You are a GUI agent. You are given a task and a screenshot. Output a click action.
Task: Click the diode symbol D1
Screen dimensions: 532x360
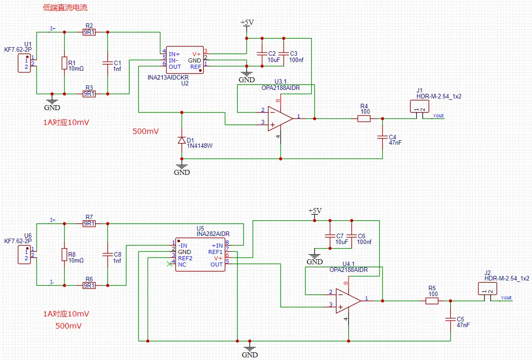(x=182, y=140)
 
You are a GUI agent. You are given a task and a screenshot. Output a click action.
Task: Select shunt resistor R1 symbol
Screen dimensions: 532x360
(x=64, y=63)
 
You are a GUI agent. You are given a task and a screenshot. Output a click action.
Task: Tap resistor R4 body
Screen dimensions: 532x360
(x=364, y=119)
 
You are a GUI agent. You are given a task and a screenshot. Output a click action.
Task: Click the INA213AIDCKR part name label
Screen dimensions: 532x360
(x=168, y=77)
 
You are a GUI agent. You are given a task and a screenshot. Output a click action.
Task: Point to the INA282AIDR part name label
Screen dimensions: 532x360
(x=213, y=234)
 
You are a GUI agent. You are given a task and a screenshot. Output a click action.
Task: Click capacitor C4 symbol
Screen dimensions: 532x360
(x=383, y=137)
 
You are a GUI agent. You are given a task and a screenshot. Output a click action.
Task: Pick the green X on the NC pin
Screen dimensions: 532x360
(x=169, y=264)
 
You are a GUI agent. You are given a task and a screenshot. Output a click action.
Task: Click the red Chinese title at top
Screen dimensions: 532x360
(x=65, y=8)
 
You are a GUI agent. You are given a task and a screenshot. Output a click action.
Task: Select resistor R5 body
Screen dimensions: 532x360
(x=432, y=301)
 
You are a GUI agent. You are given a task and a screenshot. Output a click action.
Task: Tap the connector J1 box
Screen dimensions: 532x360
(x=419, y=106)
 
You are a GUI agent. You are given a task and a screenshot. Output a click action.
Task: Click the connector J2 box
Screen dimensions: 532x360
(x=488, y=289)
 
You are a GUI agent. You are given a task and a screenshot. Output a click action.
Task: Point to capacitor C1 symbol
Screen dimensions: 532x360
(x=107, y=63)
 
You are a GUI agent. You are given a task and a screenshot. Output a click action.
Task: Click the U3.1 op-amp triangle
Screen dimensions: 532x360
(x=280, y=118)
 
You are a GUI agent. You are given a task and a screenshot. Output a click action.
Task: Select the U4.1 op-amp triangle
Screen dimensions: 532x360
(x=348, y=301)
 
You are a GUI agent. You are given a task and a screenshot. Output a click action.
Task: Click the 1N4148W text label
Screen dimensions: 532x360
(x=200, y=146)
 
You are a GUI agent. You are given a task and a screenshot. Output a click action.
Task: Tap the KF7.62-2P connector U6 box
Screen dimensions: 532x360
(x=24, y=254)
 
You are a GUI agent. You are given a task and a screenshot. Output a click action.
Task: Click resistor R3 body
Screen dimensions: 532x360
(x=89, y=93)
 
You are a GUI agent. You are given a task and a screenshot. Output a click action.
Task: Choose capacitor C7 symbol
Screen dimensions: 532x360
(x=330, y=236)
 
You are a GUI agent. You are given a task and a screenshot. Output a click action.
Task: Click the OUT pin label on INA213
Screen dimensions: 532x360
(x=175, y=67)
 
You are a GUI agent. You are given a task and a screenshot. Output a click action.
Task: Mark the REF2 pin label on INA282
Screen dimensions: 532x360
(x=185, y=258)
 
